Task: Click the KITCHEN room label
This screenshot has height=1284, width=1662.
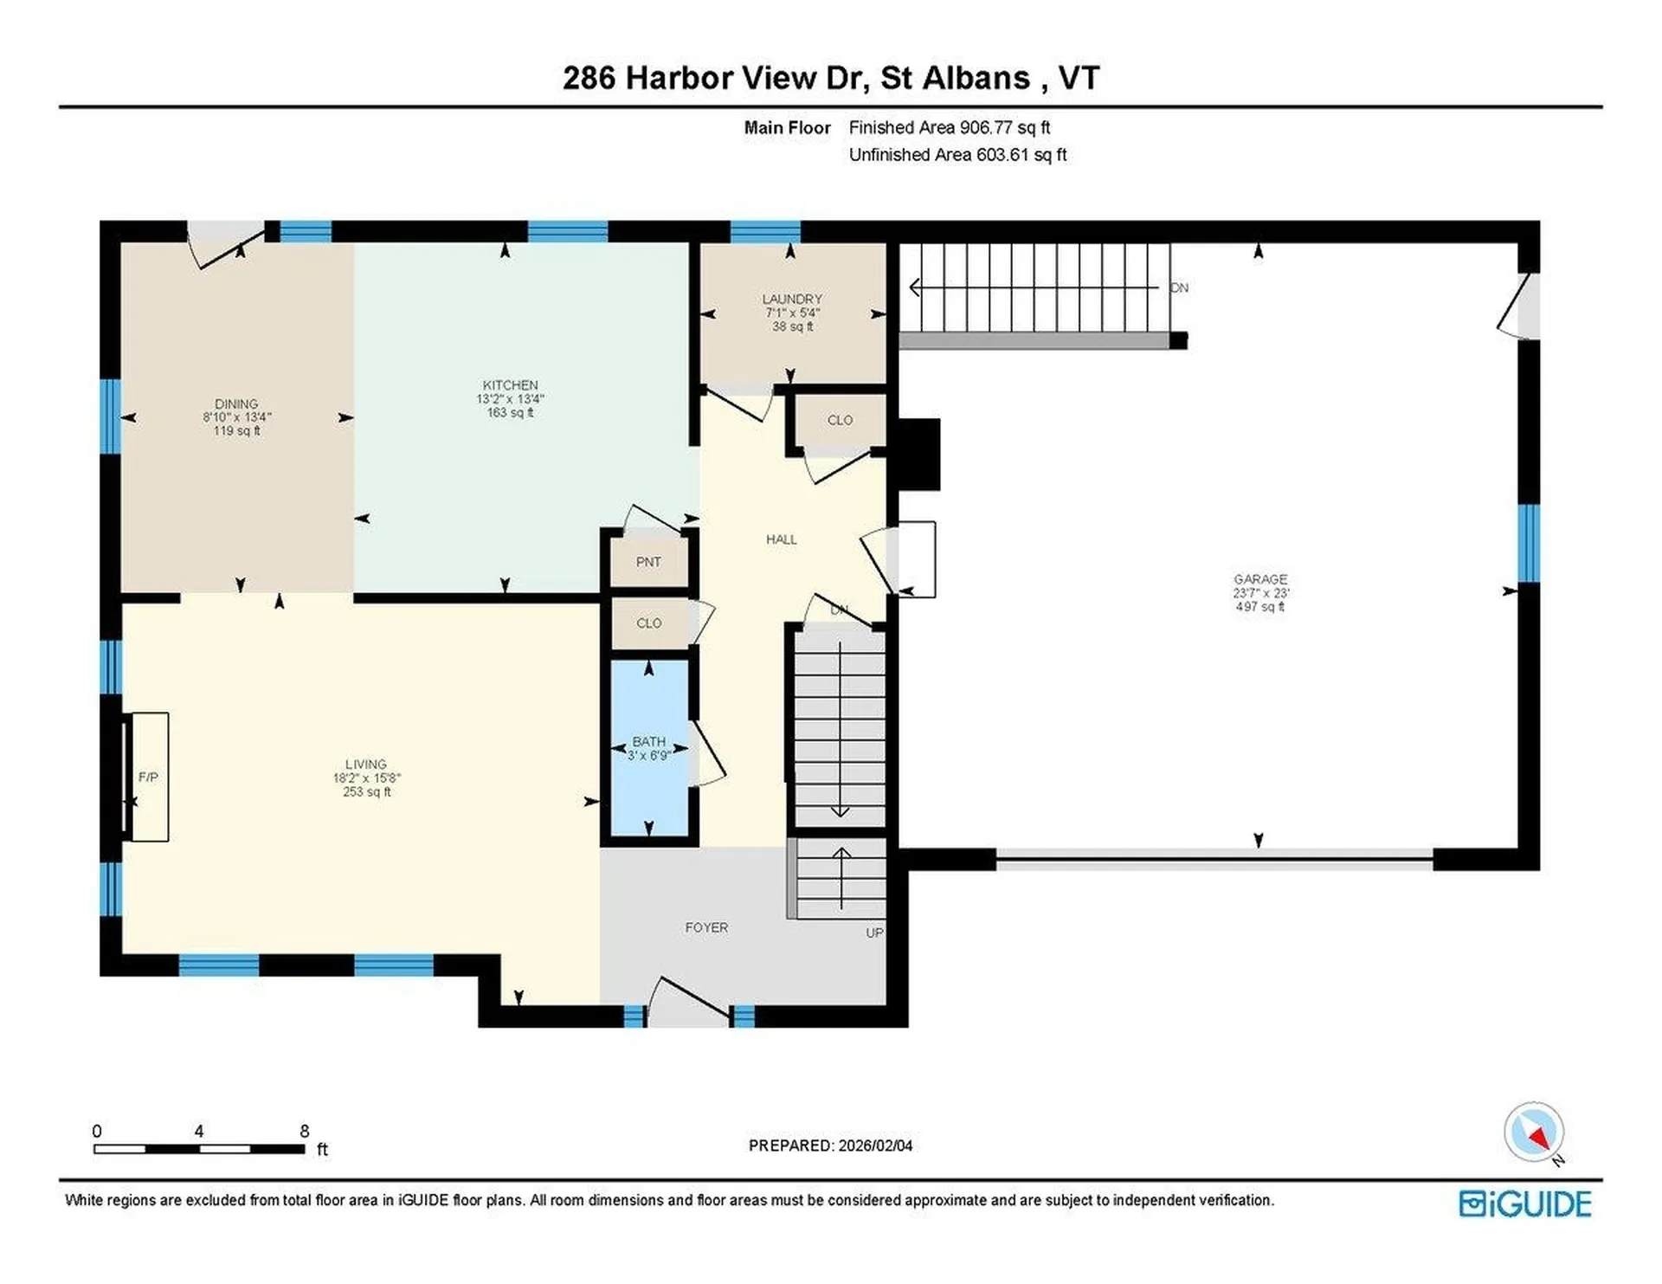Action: click(x=510, y=385)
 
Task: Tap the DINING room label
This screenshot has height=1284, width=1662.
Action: click(x=236, y=404)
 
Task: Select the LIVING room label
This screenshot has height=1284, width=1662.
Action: click(x=365, y=765)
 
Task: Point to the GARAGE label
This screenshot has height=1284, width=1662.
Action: click(x=1260, y=579)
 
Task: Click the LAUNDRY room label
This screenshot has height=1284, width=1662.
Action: click(x=792, y=299)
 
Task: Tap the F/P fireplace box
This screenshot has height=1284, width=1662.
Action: click(x=148, y=777)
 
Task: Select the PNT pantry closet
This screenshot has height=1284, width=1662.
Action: click(x=648, y=562)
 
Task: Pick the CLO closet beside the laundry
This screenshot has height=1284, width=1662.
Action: click(x=840, y=420)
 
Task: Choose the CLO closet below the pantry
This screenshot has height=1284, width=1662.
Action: click(x=649, y=623)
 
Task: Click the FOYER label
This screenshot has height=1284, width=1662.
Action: click(x=706, y=927)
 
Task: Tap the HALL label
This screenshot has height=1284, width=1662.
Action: click(x=781, y=539)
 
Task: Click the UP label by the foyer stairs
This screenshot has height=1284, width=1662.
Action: click(x=874, y=932)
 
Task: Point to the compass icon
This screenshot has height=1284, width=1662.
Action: click(x=1534, y=1132)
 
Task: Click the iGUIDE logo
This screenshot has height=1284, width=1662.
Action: click(x=1524, y=1204)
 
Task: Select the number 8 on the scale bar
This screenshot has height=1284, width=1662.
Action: click(x=304, y=1131)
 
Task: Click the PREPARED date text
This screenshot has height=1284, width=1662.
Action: click(x=830, y=1145)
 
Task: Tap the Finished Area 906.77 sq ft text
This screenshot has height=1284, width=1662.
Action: click(x=949, y=127)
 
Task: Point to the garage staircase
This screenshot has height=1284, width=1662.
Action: click(x=1034, y=288)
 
